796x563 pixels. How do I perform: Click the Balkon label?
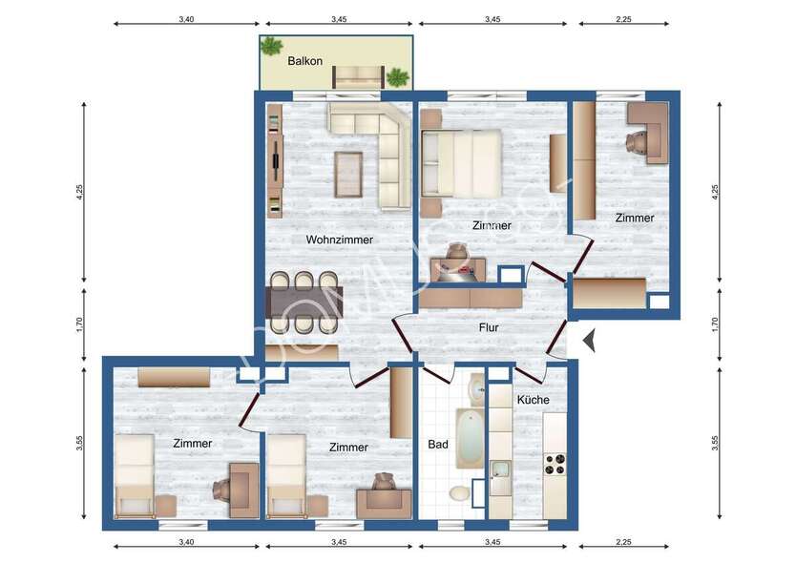click(x=305, y=61)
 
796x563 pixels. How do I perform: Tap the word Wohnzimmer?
click(x=339, y=240)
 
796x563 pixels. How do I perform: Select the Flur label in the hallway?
click(x=489, y=327)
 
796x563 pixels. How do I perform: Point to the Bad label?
click(x=438, y=445)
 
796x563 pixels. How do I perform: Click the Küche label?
click(x=533, y=400)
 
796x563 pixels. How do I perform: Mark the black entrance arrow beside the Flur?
click(x=589, y=338)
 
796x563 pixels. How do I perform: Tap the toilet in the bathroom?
click(x=460, y=492)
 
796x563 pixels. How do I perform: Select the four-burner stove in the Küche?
click(x=555, y=465)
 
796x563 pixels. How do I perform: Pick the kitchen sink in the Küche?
click(x=500, y=469)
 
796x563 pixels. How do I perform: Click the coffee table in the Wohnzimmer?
click(x=348, y=173)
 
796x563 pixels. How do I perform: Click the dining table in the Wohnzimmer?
click(x=305, y=302)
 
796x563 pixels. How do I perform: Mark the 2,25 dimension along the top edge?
click(x=623, y=18)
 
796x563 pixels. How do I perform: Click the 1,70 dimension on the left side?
click(x=80, y=324)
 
